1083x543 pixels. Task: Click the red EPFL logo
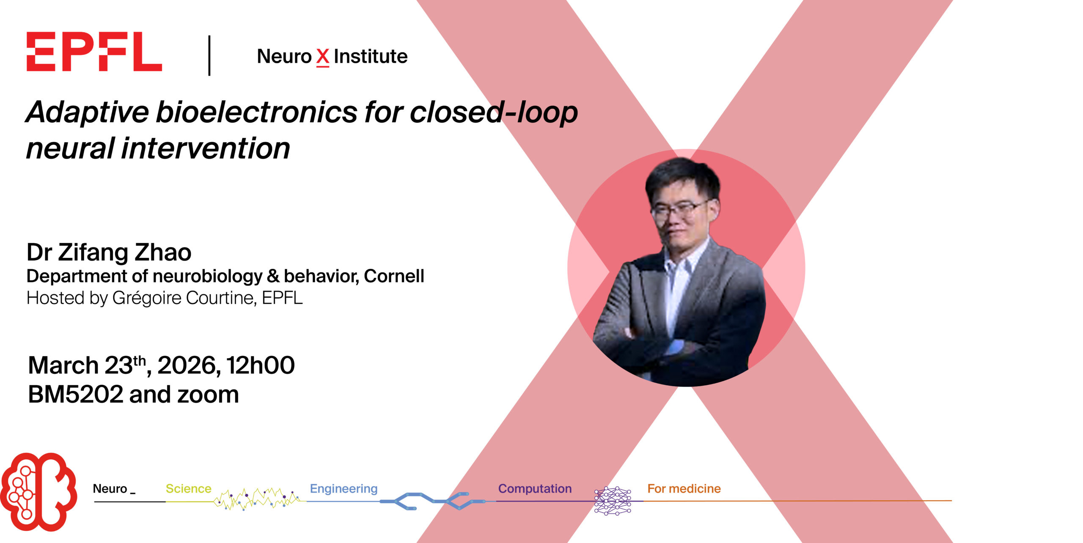(x=94, y=52)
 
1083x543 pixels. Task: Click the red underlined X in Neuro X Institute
(x=323, y=57)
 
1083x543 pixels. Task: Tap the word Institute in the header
(x=371, y=56)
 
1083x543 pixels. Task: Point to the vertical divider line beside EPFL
(x=209, y=55)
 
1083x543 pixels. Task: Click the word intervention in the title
(x=206, y=148)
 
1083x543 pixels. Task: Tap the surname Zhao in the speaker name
(x=163, y=252)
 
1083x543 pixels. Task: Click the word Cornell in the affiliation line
(x=394, y=276)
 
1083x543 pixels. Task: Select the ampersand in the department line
(x=273, y=276)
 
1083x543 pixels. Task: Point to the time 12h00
(x=260, y=365)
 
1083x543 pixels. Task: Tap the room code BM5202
(x=75, y=395)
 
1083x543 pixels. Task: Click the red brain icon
(x=38, y=492)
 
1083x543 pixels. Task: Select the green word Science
(x=188, y=488)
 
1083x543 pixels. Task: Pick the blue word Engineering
(x=344, y=489)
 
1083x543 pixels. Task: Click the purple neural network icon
(x=613, y=501)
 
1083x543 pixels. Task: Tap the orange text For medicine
(x=684, y=488)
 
